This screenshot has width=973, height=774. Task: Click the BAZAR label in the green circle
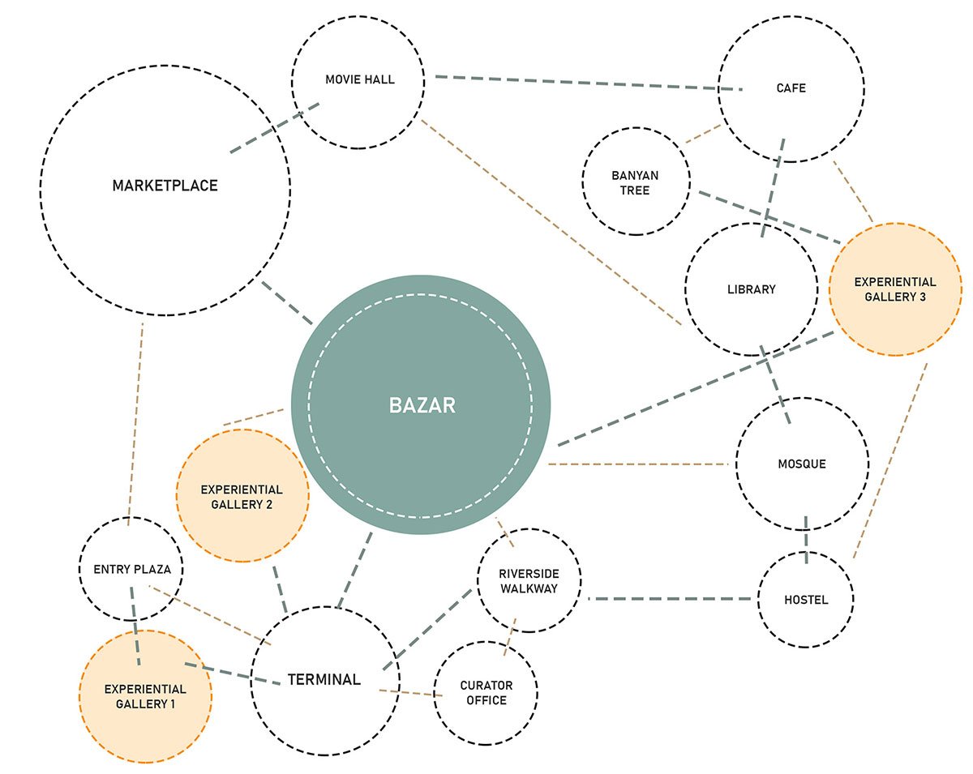[422, 405]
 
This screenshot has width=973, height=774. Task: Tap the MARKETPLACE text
[165, 186]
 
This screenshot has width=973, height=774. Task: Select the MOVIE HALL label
[360, 79]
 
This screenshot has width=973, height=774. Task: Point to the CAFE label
[791, 88]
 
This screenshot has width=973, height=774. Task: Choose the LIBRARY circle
[751, 289]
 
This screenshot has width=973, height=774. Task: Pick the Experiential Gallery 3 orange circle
[895, 289]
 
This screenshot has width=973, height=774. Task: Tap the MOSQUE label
[801, 464]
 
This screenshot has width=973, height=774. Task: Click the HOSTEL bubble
[806, 600]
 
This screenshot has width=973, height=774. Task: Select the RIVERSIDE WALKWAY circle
[529, 581]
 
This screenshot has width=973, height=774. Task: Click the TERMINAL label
[324, 679]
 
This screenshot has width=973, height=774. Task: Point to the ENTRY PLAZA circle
[131, 569]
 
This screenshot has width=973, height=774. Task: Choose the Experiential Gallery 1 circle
[145, 696]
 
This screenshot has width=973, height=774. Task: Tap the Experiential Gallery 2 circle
[242, 497]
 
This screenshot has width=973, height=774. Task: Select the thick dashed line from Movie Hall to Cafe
[584, 83]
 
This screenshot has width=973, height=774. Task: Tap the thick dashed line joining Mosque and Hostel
[806, 536]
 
